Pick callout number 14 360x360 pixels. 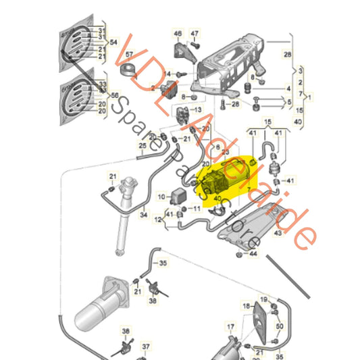click(x=168, y=72)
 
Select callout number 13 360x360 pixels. click(x=197, y=109)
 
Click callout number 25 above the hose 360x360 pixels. click(x=143, y=146)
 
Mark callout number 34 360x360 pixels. click(x=143, y=215)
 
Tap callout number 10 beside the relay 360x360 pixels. click(x=161, y=197)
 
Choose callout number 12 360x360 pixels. click(x=158, y=219)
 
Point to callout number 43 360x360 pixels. click(x=278, y=234)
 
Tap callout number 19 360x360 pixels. click(x=264, y=299)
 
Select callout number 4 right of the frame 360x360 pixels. click(x=288, y=88)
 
